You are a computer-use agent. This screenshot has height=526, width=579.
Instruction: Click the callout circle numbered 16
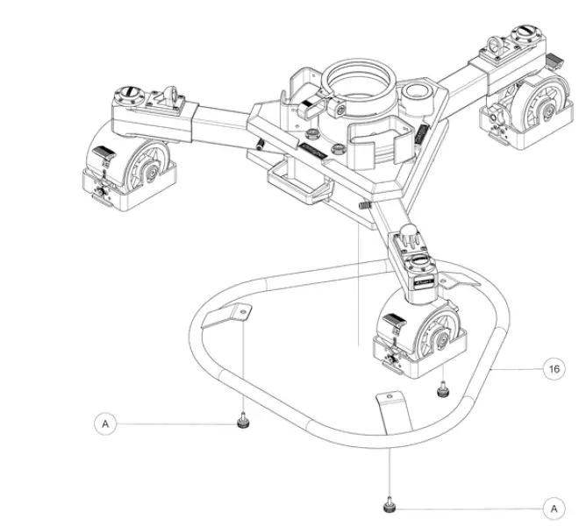point(554,369)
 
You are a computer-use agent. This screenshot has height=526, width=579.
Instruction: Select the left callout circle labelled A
point(106,423)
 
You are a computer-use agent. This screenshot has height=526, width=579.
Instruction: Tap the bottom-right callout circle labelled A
point(554,508)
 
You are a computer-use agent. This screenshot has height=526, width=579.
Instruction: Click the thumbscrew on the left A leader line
point(240,425)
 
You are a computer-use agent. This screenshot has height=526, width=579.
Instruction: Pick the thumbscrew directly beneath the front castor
point(443,388)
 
